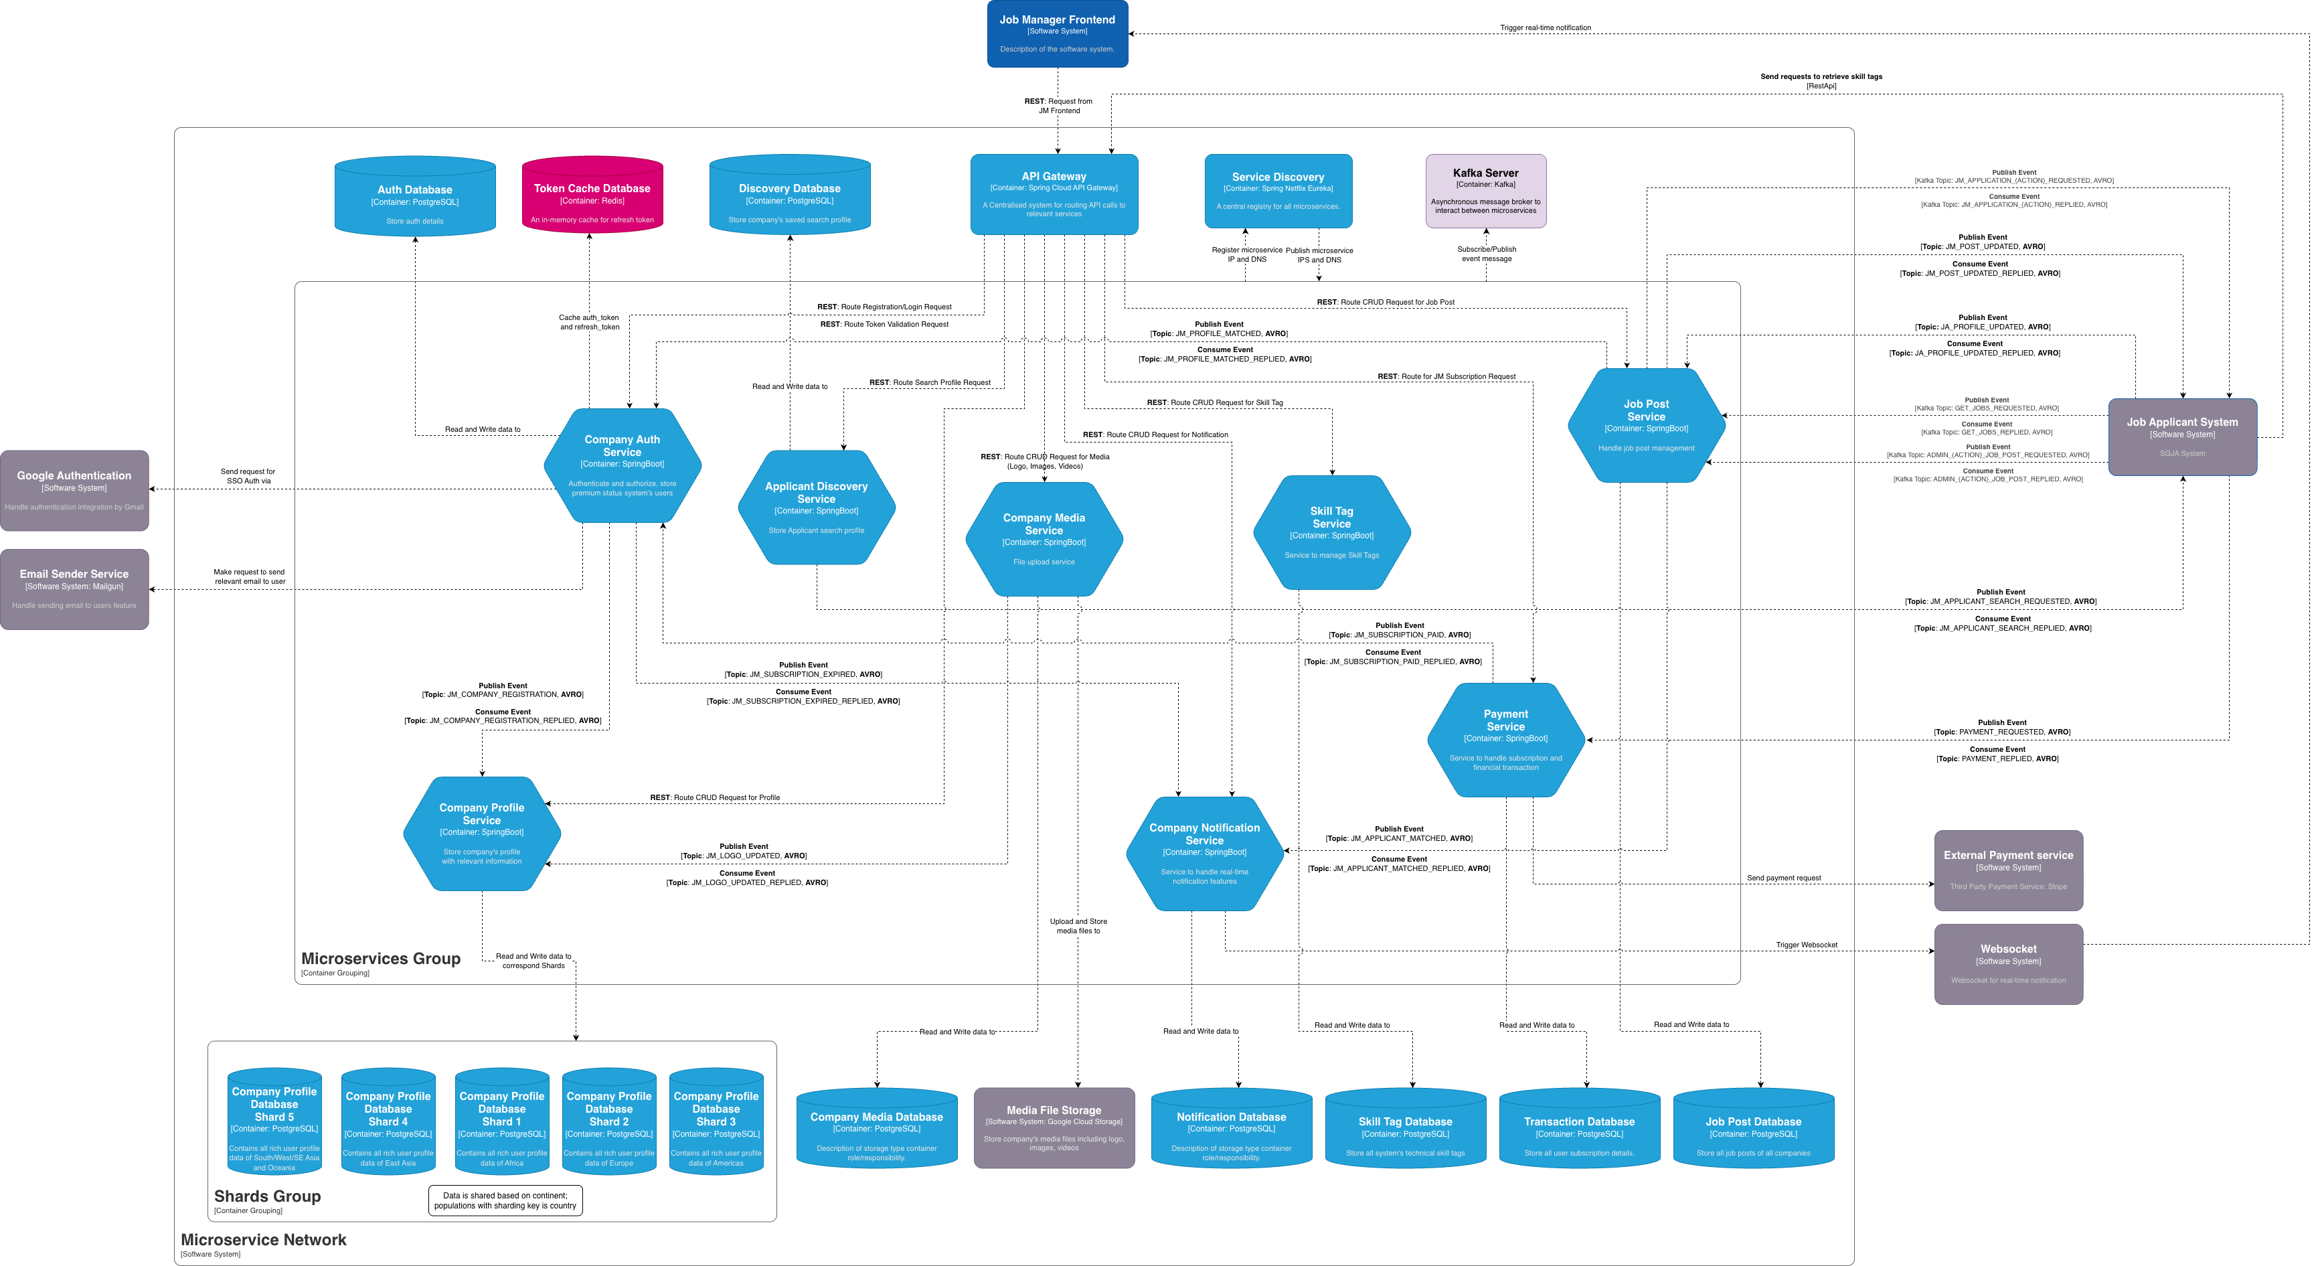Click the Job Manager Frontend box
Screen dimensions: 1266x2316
tap(1058, 33)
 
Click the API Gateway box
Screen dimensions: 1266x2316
tap(1054, 194)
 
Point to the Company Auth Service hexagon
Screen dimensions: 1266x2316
tap(622, 465)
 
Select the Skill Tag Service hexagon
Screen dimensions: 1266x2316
tap(1331, 532)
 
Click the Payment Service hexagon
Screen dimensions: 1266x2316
tap(1505, 739)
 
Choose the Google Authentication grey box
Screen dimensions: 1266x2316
tap(74, 490)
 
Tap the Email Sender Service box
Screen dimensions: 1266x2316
tap(74, 589)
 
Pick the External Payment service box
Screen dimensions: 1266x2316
tap(2007, 870)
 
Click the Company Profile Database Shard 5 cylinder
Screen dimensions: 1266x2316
tap(274, 1122)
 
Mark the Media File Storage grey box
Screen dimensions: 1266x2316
tap(1054, 1127)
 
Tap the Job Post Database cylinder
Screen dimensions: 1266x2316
tap(1752, 1129)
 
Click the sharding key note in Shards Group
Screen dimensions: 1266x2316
tap(505, 1200)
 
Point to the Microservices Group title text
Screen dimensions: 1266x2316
tap(380, 959)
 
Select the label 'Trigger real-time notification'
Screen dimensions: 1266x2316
tap(1545, 28)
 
